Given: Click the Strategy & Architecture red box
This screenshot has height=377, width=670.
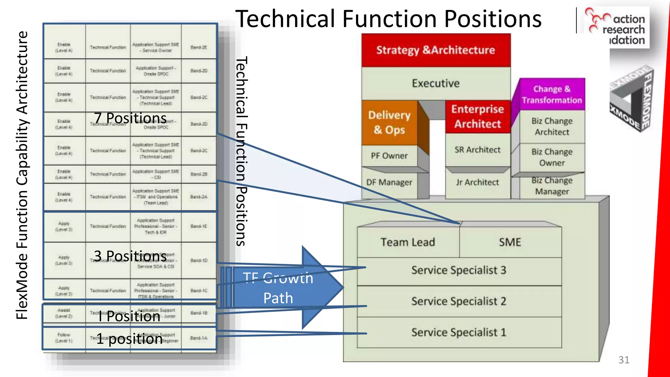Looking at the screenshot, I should [x=436, y=50].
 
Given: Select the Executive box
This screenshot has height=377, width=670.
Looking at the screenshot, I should [x=436, y=83].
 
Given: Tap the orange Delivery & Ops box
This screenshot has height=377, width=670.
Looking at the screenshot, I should [x=389, y=122].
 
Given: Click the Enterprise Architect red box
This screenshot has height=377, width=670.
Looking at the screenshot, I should [x=478, y=117].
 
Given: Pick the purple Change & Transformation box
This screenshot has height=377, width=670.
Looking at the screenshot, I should [x=552, y=94].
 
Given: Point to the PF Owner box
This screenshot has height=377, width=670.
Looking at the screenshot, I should [x=389, y=156].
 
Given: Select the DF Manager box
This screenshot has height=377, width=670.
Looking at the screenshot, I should [x=389, y=182].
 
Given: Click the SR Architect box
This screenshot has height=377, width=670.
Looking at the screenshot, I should [x=478, y=150].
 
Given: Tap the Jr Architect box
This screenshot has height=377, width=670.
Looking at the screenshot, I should [x=478, y=182].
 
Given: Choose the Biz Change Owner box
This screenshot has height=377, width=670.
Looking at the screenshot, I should [x=552, y=157].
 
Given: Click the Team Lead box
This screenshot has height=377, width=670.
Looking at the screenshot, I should [x=408, y=242].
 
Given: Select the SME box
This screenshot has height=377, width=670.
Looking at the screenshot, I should [x=510, y=242].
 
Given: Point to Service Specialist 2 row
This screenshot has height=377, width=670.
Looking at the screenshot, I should [x=459, y=301].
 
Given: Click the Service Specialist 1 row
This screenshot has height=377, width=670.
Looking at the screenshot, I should [x=459, y=332].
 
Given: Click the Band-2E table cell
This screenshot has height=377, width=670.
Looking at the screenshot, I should [x=199, y=47].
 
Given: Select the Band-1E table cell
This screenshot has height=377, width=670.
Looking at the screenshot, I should [x=199, y=226].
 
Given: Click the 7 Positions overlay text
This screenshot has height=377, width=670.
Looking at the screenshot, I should [x=130, y=118].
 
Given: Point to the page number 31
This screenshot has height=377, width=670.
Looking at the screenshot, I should [x=624, y=360].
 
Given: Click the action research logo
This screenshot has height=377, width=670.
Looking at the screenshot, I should [x=617, y=28].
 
